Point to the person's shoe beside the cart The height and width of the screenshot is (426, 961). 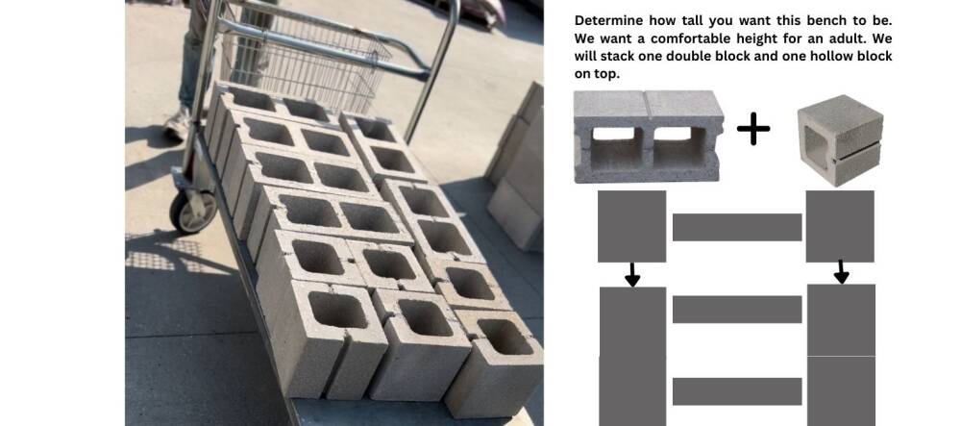point(179,124)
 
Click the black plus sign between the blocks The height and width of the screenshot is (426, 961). point(753,129)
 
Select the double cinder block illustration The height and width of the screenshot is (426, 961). point(649,137)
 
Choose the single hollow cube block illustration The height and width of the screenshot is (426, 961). point(840,140)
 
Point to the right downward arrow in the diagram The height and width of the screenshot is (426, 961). point(842,271)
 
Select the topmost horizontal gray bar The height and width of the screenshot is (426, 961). point(737,227)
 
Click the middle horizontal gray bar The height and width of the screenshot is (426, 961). point(737,310)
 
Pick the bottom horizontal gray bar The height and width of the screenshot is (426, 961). point(737,391)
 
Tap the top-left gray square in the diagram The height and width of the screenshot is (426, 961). point(632,226)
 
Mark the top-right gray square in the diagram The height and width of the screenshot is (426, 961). point(840,226)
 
